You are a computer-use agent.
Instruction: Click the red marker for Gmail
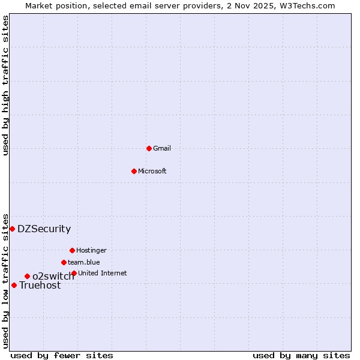click(149, 148)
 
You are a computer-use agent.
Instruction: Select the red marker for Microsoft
click(134, 171)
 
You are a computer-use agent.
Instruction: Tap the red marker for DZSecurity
click(12, 229)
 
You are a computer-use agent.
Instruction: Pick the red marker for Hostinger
click(72, 250)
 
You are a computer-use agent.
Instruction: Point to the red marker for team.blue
click(64, 262)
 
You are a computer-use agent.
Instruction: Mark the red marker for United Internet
click(74, 273)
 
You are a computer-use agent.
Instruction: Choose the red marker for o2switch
click(27, 276)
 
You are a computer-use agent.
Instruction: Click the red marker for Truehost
click(14, 285)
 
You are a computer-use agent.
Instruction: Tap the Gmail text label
click(162, 148)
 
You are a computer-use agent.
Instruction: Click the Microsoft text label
click(152, 171)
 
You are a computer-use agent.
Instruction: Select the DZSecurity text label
click(44, 229)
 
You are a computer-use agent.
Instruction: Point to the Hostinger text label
click(91, 250)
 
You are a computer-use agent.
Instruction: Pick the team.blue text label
click(84, 262)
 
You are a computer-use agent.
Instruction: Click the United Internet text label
click(103, 273)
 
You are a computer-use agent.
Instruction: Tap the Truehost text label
click(40, 286)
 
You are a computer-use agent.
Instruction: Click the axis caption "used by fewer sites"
click(62, 355)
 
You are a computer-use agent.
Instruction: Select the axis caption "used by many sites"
click(301, 355)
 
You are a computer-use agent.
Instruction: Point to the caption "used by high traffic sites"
click(5, 85)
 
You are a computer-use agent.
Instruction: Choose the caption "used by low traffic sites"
click(5, 281)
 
